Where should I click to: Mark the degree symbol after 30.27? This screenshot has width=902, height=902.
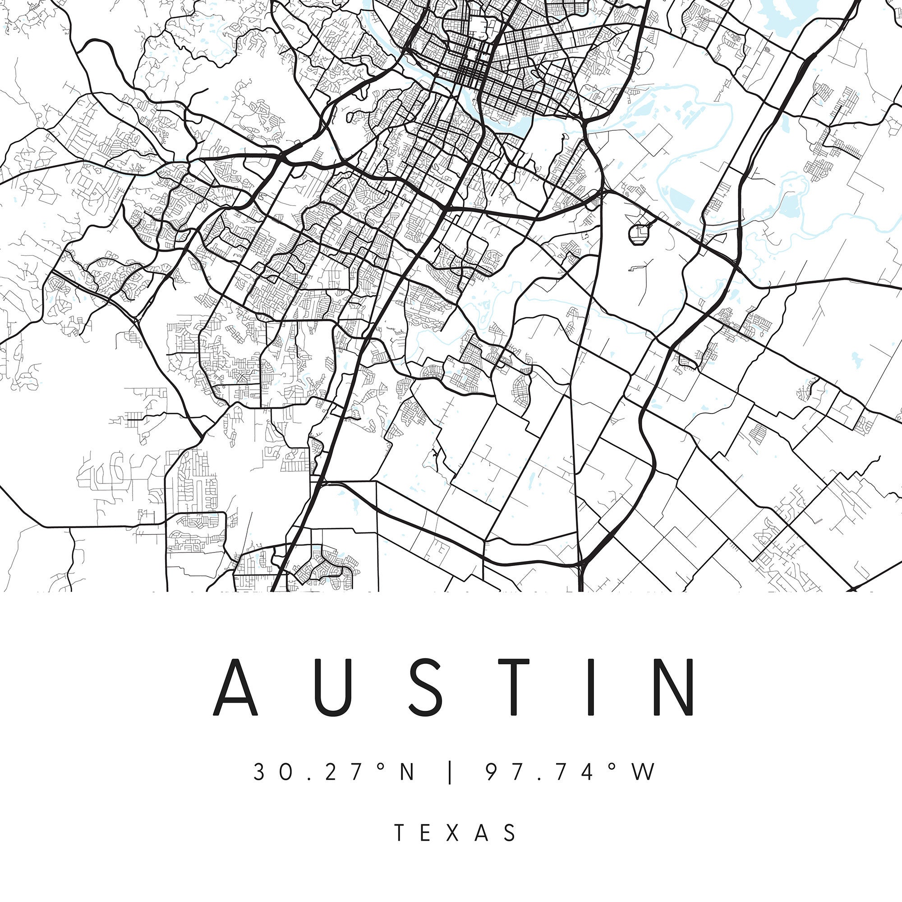[x=381, y=766]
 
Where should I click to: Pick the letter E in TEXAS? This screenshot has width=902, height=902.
[x=426, y=833]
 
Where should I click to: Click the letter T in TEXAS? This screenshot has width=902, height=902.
[x=400, y=833]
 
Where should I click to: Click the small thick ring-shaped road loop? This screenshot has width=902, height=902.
[x=639, y=234]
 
